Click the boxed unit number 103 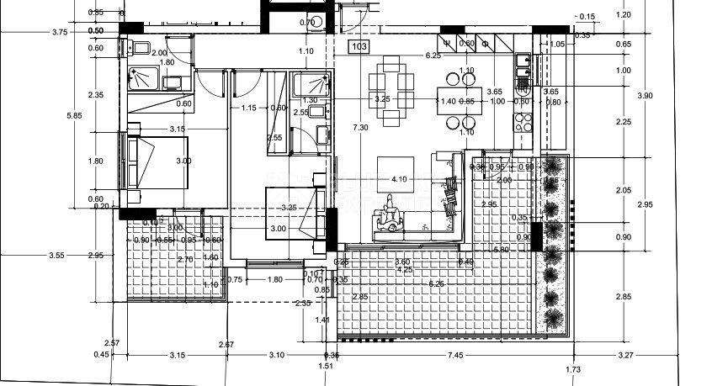point(360,47)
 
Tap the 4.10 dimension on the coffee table point(399,179)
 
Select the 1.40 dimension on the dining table point(449,102)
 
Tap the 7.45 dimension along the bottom point(455,356)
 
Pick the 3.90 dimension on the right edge point(646,96)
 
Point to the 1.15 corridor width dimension point(248,108)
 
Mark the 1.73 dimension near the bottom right point(574,370)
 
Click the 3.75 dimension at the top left point(59,32)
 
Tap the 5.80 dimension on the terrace point(501,250)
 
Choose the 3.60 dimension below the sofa point(403,262)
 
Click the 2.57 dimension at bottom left point(112,343)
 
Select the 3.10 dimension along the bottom point(277,356)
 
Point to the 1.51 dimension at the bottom point(326,366)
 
